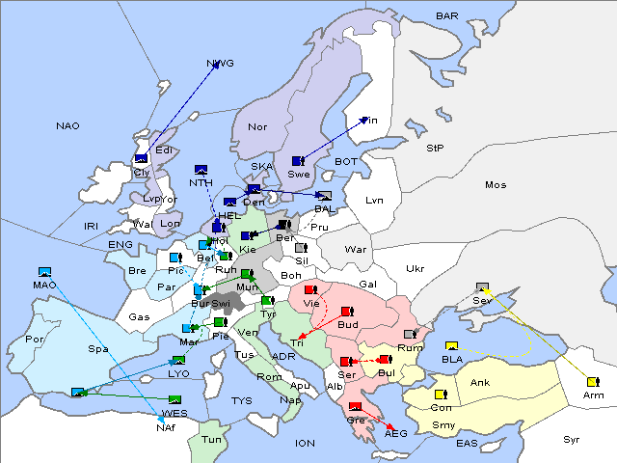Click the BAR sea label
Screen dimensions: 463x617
447,16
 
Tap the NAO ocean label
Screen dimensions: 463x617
68,126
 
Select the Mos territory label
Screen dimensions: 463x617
496,184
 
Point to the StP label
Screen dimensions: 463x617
435,149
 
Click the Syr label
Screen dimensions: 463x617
572,440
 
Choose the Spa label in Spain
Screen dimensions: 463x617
97,348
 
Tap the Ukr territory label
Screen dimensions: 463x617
416,269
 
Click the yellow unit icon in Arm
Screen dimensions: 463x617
591,382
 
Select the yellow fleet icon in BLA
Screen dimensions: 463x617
451,346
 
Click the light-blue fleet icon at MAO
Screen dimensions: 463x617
44,272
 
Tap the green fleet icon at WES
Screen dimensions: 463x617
174,399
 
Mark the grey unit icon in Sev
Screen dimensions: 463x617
482,287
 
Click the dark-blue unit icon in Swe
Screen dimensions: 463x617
298,160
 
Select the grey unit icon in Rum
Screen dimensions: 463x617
410,334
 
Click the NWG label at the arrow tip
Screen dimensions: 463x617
221,64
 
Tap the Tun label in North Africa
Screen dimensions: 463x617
212,439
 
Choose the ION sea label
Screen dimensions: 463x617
306,444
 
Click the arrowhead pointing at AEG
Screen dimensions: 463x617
389,427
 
